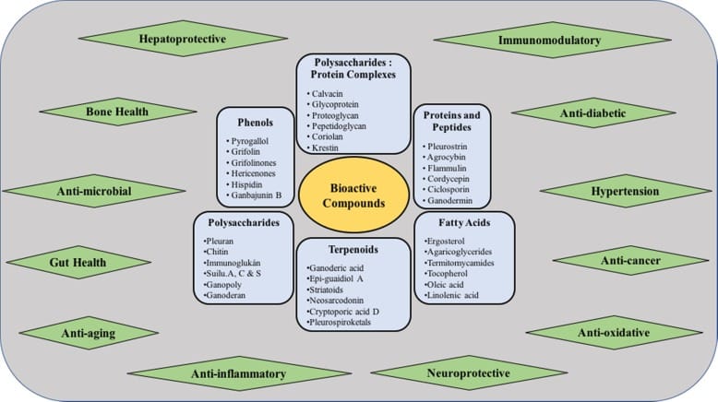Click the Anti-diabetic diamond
593,112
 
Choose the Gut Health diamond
74,263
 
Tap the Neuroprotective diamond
468,372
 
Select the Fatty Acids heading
464,222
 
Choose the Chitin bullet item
218,252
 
